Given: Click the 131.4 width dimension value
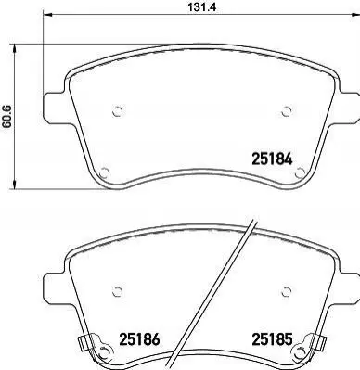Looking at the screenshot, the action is pos(201,6).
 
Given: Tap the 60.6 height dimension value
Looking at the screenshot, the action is pos(6,116).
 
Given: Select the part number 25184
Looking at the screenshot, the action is pos(272,159).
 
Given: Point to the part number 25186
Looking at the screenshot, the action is pos(139,339).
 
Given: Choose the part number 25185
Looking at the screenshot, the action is pos(272,339).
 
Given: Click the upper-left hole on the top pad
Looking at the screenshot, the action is pos(117,111).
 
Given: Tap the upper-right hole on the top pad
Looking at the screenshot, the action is pos(287,111).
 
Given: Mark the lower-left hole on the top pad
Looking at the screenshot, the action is pos(105,172).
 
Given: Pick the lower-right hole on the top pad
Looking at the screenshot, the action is pos(300,172).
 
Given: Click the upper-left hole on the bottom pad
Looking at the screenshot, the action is pos(117,291).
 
